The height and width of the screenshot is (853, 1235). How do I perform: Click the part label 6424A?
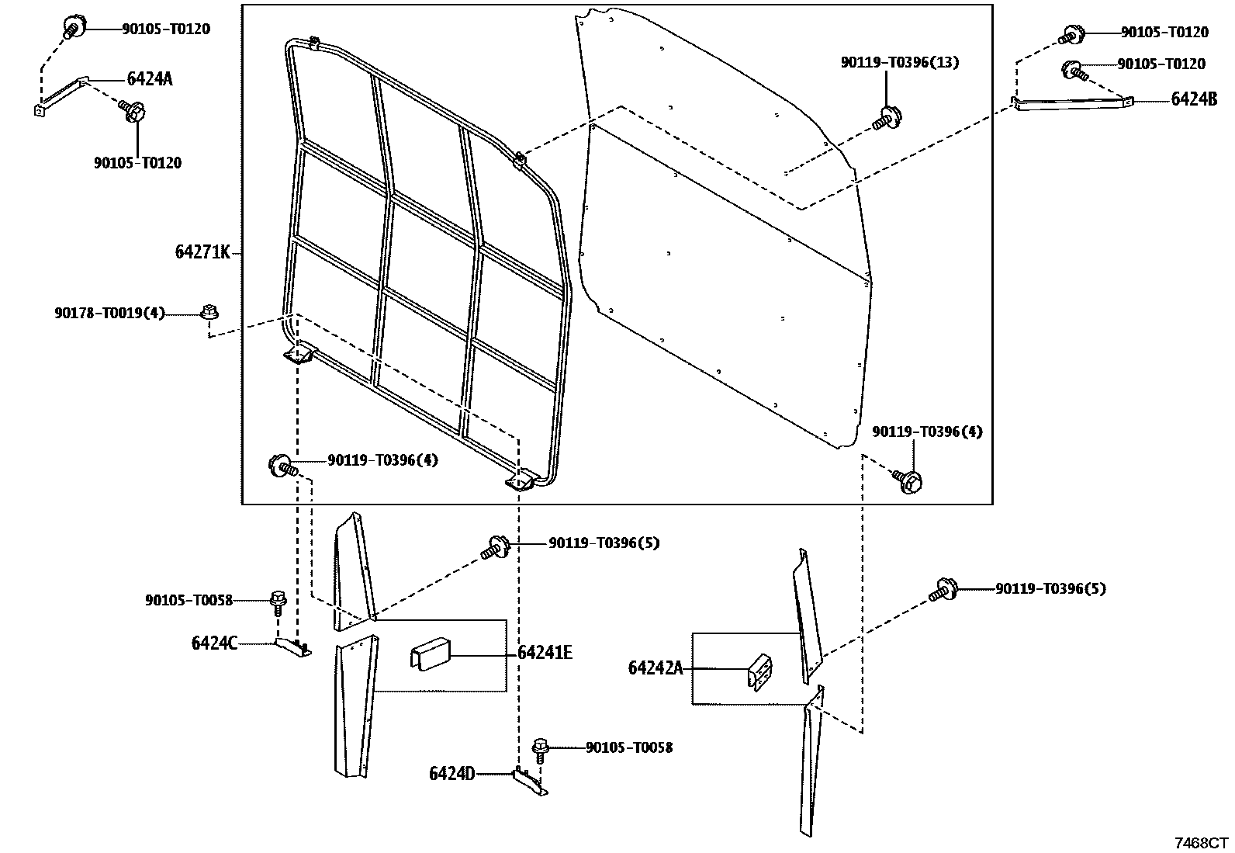(149, 78)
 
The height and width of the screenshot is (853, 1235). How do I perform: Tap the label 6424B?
(1194, 99)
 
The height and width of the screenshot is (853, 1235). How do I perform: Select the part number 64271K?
(202, 252)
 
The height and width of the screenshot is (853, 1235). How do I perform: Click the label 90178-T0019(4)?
(109, 313)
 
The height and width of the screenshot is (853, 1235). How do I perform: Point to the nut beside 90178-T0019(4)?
(208, 312)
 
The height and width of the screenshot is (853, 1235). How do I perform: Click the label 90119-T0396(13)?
(899, 62)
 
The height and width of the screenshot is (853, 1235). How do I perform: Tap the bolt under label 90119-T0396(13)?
(887, 118)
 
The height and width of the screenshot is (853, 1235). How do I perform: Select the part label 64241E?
(545, 653)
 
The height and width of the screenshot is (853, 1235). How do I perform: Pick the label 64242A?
(656, 667)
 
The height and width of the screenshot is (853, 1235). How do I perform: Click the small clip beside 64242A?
(760, 670)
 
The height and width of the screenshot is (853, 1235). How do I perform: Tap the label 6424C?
(214, 643)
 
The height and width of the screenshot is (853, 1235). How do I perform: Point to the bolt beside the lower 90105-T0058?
(540, 750)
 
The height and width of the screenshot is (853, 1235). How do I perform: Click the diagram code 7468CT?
(1200, 843)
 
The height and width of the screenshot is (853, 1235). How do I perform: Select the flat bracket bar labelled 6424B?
(1071, 102)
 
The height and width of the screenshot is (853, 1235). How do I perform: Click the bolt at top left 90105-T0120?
(71, 28)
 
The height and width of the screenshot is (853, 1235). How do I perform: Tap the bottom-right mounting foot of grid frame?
(523, 480)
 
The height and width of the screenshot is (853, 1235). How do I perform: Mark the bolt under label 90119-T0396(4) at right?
(908, 480)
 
